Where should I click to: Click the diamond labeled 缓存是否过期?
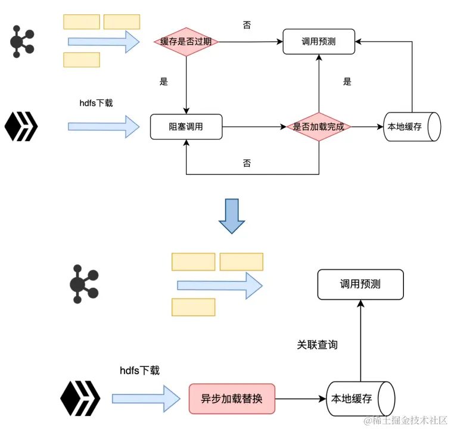coord(186,42)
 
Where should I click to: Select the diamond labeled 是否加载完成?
coord(319,127)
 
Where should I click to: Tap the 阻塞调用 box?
coord(186,127)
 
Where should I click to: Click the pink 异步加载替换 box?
coord(232,399)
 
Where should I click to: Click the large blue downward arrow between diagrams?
coord(232,216)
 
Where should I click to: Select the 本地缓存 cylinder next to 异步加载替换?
coord(360,399)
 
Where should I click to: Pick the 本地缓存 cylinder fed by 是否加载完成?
coord(412,127)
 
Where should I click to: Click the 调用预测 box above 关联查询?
coord(360,284)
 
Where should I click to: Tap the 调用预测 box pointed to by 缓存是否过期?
coord(319,41)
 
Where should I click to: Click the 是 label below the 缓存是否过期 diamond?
coord(164,82)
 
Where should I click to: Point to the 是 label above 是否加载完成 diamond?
coord(347,82)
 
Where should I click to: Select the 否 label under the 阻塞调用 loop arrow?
coord(247,163)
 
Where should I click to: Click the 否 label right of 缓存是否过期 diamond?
coord(247,24)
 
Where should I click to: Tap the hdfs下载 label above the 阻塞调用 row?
coord(96,103)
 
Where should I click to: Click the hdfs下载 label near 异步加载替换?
coord(139,371)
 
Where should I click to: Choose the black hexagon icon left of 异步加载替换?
coord(80,399)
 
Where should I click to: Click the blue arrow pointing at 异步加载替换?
coord(146,399)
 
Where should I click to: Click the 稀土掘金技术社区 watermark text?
coord(406,420)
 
